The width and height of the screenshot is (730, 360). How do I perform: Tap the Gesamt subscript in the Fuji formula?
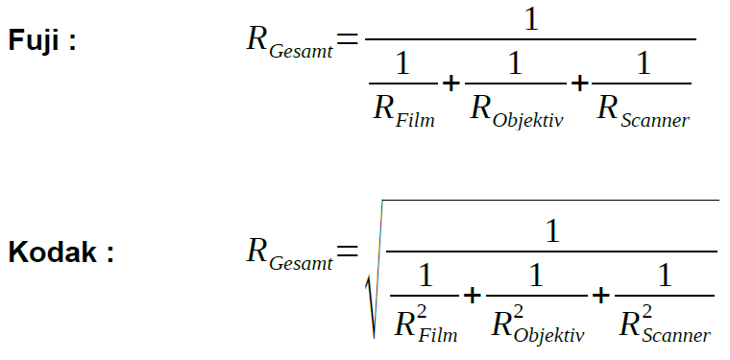(302, 51)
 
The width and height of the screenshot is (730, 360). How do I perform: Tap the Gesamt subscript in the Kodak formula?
(302, 263)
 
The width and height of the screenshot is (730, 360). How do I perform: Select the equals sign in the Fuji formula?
(348, 38)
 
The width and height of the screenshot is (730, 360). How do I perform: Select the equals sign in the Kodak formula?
(348, 251)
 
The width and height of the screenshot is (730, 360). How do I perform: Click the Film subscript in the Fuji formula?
(415, 120)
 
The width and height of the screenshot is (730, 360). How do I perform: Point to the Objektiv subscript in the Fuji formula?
(528, 121)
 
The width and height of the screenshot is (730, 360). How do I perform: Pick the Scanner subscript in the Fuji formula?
(654, 120)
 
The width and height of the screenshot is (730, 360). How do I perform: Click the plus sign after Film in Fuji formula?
(450, 84)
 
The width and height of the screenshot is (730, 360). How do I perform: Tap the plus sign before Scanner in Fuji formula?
(579, 84)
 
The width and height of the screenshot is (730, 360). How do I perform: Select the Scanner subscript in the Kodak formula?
(676, 335)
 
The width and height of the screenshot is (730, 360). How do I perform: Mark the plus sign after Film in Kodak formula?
(472, 296)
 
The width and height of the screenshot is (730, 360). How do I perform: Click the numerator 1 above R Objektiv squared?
(536, 276)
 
